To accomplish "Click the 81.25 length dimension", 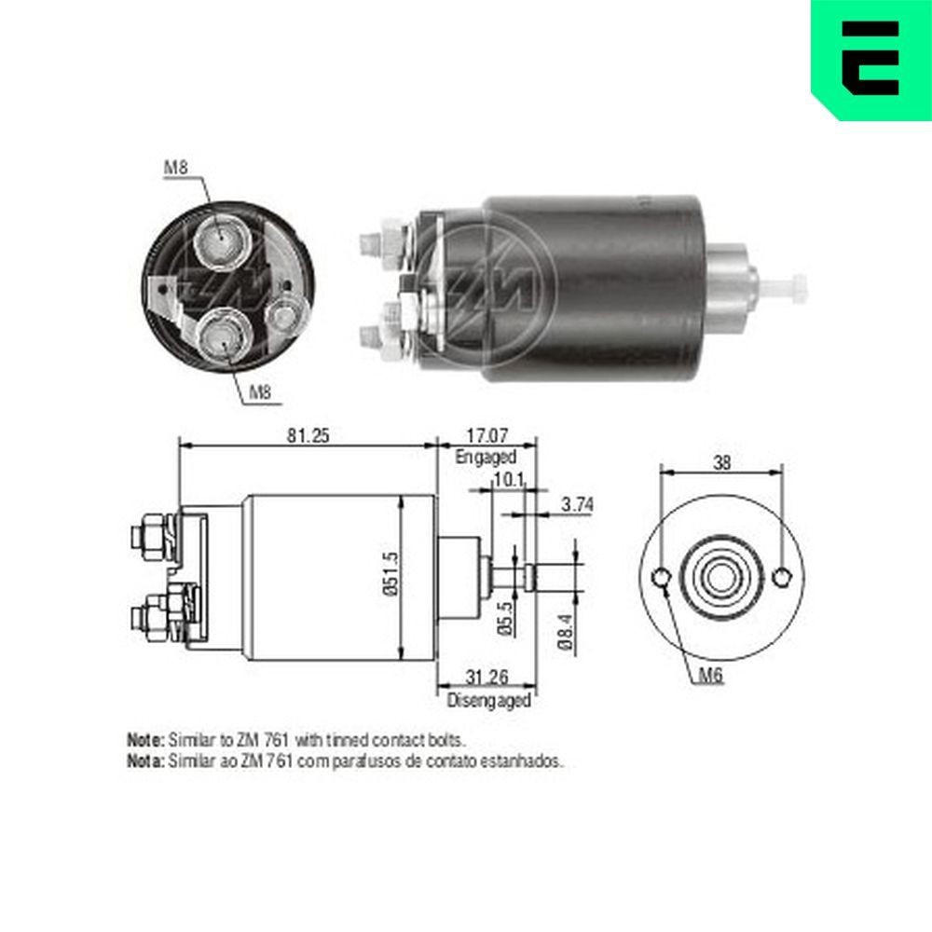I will pyautogui.click(x=308, y=435).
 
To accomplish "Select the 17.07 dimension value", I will pyautogui.click(x=486, y=435).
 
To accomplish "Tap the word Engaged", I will pyautogui.click(x=486, y=457).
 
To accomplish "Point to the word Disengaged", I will pyautogui.click(x=488, y=699).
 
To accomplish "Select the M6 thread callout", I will pyautogui.click(x=713, y=678).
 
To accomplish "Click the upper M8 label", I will pyautogui.click(x=177, y=168).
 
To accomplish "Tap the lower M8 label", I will pyautogui.click(x=261, y=393).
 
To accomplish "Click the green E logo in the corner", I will pyautogui.click(x=870, y=58).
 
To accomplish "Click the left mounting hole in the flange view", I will pyautogui.click(x=661, y=579).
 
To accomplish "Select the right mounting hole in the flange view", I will pyautogui.click(x=781, y=579).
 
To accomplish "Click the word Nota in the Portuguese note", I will pyautogui.click(x=144, y=761).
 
